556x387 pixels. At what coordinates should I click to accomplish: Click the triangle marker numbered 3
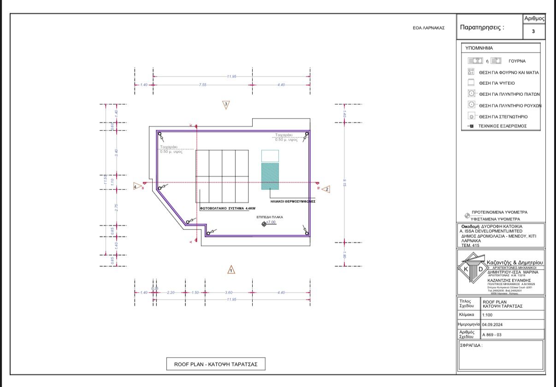226,105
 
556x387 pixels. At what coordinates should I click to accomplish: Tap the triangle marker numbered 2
326,189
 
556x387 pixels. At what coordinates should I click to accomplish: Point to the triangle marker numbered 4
136,187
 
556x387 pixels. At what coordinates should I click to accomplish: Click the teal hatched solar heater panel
270,176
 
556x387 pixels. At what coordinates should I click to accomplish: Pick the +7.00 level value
271,222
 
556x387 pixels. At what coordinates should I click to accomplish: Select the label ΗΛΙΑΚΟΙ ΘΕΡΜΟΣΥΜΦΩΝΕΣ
292,201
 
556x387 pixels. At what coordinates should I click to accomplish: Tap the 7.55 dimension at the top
202,85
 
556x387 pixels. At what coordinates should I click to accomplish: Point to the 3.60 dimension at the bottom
228,293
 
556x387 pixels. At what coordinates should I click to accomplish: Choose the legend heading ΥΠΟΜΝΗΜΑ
479,48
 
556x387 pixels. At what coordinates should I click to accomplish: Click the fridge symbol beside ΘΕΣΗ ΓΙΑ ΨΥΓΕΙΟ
471,83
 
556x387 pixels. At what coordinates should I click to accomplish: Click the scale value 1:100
487,315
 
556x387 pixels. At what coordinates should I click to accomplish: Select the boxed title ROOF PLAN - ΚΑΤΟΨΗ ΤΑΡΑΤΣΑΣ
216,364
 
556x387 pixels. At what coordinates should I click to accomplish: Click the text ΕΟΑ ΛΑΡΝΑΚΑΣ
428,28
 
